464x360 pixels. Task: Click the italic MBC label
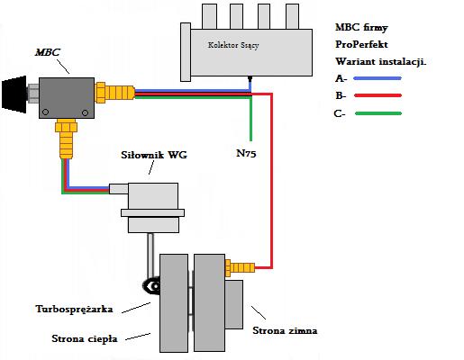click(48, 52)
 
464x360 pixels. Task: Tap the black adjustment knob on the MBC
click(14, 94)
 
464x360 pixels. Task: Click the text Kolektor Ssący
click(233, 45)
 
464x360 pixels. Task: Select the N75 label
click(246, 153)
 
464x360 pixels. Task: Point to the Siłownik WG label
click(154, 155)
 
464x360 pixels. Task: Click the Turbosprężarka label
click(74, 310)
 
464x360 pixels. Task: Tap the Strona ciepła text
click(85, 339)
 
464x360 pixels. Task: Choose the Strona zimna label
click(285, 330)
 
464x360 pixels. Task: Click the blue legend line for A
click(378, 78)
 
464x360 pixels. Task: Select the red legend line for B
click(378, 95)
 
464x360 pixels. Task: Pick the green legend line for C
click(378, 113)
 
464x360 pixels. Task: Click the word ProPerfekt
click(361, 44)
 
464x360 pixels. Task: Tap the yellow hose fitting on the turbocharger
click(240, 267)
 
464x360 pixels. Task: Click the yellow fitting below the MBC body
click(67, 139)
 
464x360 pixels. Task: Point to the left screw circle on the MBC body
click(45, 112)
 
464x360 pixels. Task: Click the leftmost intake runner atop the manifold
click(209, 16)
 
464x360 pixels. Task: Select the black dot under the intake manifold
click(250, 78)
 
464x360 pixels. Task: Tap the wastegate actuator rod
click(150, 256)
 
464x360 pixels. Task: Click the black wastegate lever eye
click(153, 286)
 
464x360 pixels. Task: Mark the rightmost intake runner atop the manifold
click(292, 16)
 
